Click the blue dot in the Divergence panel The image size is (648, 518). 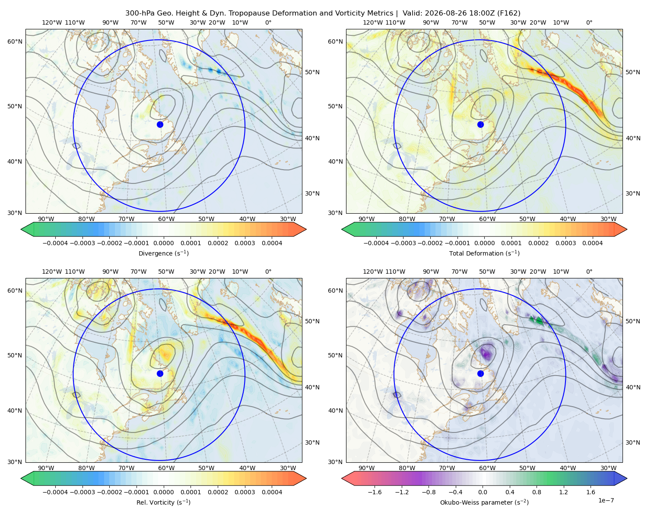coord(160,124)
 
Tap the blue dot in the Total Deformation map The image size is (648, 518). coord(480,124)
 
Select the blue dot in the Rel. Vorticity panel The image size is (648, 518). coord(160,373)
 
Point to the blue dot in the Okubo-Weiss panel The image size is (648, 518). coord(480,373)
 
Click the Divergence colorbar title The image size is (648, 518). coord(163,253)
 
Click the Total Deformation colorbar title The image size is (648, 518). coord(484,253)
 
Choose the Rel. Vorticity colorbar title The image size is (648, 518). coord(163,502)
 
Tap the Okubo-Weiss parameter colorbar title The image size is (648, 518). coord(484,502)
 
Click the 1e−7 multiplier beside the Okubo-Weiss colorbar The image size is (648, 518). coord(606,500)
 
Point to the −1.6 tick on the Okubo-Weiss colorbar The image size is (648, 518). coord(375,492)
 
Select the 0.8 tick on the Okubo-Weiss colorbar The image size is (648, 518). coord(537,492)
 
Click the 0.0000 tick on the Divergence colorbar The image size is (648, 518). coord(163,243)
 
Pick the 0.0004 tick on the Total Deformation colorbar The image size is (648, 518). coord(592,243)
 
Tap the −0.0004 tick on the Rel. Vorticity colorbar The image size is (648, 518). coord(55,492)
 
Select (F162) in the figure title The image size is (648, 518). coord(508,13)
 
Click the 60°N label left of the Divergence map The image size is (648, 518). coord(15,41)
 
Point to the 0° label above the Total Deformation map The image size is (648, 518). coord(589,22)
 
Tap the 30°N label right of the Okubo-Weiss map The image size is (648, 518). coord(632,442)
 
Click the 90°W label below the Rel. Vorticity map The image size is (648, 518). coord(46,468)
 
